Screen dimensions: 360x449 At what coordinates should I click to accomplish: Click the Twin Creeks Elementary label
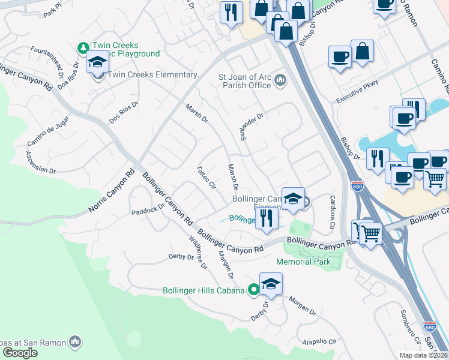click(x=152, y=75)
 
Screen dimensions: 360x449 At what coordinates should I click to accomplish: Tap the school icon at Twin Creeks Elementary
click(x=96, y=62)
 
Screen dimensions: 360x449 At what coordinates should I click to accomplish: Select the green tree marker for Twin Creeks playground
click(x=83, y=47)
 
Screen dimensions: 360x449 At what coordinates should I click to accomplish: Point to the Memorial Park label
click(x=303, y=262)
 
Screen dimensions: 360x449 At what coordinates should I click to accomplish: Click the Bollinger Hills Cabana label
click(x=203, y=290)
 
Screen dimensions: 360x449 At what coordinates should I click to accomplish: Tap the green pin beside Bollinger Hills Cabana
click(x=253, y=290)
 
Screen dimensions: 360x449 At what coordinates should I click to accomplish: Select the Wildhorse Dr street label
click(x=197, y=253)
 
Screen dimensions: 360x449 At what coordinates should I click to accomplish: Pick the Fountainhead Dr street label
click(x=55, y=59)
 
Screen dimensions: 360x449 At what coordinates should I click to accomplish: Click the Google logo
click(x=20, y=353)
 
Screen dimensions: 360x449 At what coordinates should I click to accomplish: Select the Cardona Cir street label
click(x=332, y=212)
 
